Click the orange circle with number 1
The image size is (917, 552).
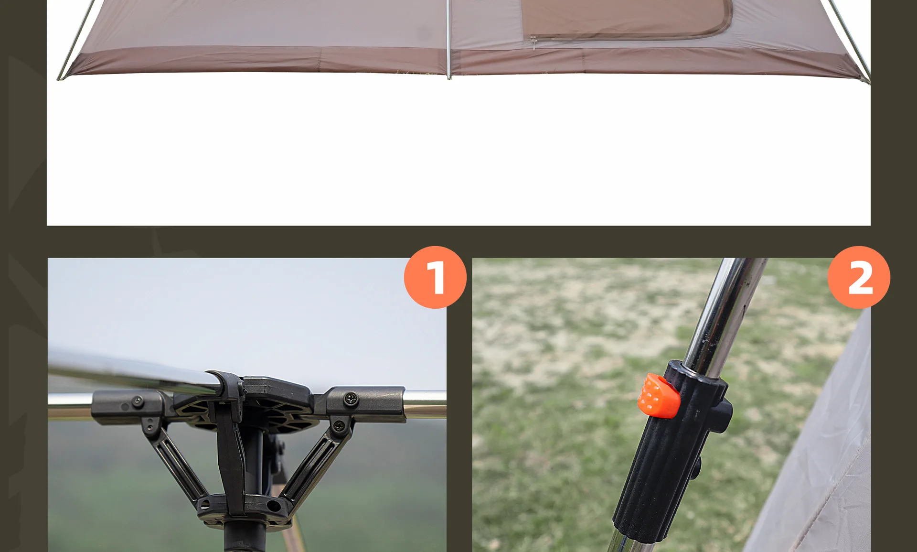[x=435, y=277]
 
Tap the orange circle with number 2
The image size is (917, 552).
[x=859, y=277]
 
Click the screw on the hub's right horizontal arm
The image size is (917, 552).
[x=351, y=398]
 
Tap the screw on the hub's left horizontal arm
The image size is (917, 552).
[x=137, y=401]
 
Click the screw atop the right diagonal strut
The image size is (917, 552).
[x=338, y=425]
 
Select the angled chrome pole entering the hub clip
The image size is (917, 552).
[x=134, y=370]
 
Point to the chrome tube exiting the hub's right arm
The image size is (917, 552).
[x=425, y=404]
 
